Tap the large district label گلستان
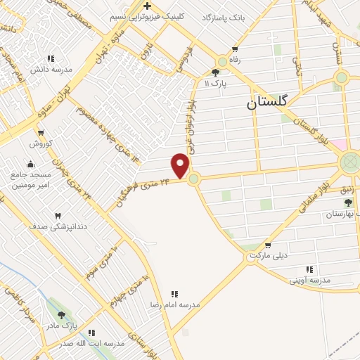point(268,102)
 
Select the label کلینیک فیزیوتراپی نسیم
point(148,15)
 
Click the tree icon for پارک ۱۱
point(215,72)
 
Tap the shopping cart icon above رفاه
point(234,49)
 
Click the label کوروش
point(41,143)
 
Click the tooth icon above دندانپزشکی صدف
point(58,216)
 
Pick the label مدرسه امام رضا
point(175,304)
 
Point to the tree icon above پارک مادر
point(61,315)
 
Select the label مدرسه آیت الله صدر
point(91,343)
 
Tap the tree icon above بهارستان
point(347,202)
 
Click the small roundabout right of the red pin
point(194,179)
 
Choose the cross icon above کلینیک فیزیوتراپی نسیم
point(148,6)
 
